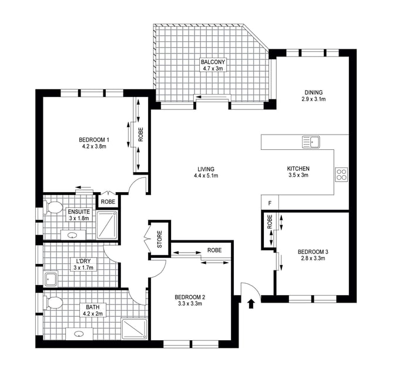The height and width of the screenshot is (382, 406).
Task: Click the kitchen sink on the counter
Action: click(311, 142)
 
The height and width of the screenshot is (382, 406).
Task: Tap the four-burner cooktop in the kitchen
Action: click(341, 175)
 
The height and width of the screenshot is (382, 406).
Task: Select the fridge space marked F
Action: click(270, 203)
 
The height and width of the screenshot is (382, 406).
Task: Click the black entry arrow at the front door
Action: click(251, 303)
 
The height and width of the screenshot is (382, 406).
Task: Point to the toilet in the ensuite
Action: click(54, 207)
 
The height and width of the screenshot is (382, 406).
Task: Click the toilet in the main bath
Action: click(54, 302)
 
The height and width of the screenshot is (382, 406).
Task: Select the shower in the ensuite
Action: click(107, 224)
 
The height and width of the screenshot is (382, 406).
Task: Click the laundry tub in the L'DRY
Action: click(51, 279)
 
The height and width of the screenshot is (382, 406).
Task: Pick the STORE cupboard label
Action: click(160, 239)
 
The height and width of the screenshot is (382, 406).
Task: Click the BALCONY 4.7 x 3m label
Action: click(213, 65)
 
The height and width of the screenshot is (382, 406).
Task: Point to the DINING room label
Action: click(314, 92)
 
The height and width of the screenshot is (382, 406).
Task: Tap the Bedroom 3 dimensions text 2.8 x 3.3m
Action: click(313, 258)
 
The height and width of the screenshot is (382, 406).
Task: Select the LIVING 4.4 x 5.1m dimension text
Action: click(206, 176)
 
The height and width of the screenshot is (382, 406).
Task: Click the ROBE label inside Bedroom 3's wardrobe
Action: click(270, 222)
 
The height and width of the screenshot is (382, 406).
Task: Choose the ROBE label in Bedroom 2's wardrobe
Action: click(214, 250)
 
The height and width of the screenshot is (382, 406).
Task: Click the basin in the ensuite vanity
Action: click(72, 235)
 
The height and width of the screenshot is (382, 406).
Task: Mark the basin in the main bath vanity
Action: click(79, 334)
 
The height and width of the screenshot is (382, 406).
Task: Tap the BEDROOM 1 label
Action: click(94, 140)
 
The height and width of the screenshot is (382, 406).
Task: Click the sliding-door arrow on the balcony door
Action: click(212, 98)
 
